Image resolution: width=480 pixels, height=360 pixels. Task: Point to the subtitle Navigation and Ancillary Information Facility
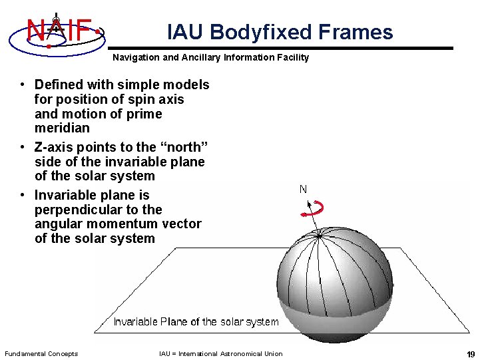click(x=210, y=58)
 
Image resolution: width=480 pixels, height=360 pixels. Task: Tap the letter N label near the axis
click(x=303, y=189)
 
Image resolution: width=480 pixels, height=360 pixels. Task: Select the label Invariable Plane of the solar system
click(x=196, y=322)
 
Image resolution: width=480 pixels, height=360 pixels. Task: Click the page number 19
click(x=471, y=354)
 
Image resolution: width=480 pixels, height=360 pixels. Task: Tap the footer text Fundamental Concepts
click(x=41, y=354)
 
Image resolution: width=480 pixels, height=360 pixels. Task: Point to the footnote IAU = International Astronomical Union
click(x=220, y=354)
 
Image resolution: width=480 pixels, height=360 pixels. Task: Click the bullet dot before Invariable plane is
click(x=23, y=195)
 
